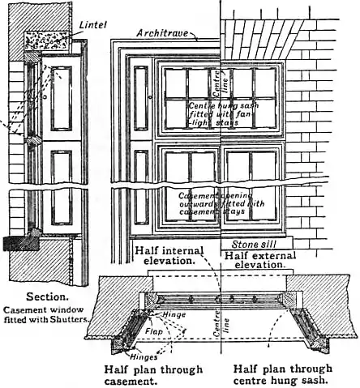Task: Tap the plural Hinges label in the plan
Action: (122, 356)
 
